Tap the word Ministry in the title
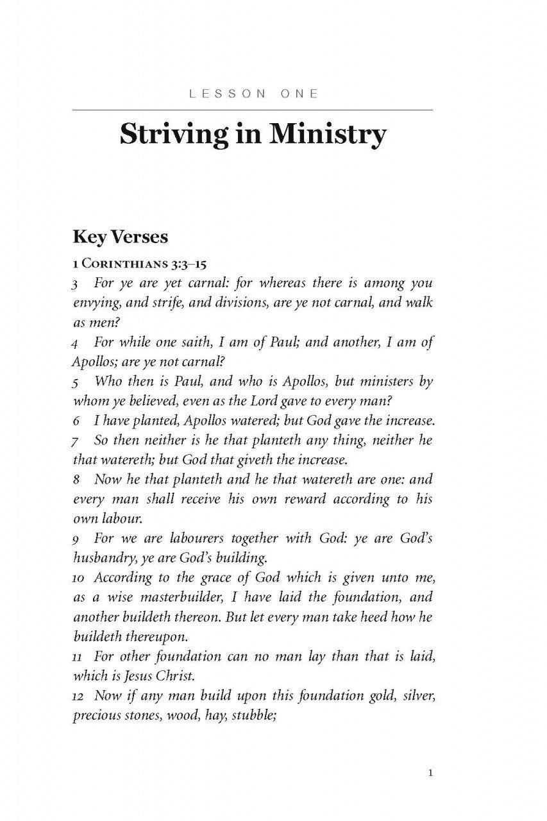326,135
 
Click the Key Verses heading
121,237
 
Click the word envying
95,302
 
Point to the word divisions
233,302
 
